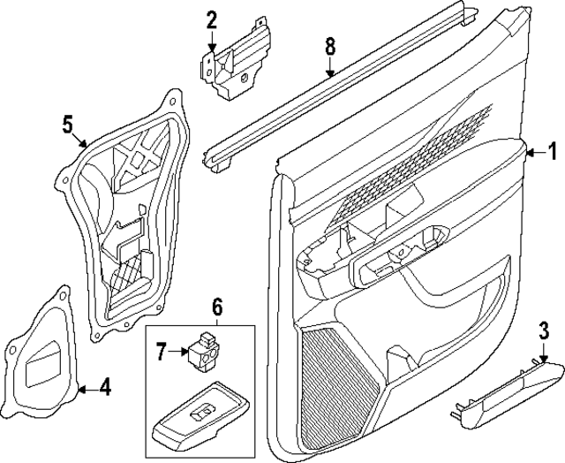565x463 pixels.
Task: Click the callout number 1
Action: pyautogui.click(x=553, y=150)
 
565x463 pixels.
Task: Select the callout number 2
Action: pyautogui.click(x=211, y=18)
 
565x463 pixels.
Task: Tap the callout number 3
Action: pyautogui.click(x=544, y=331)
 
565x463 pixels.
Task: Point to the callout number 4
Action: pyautogui.click(x=104, y=385)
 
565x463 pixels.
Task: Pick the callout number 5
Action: pyautogui.click(x=67, y=124)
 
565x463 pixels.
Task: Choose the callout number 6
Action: pyautogui.click(x=217, y=307)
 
